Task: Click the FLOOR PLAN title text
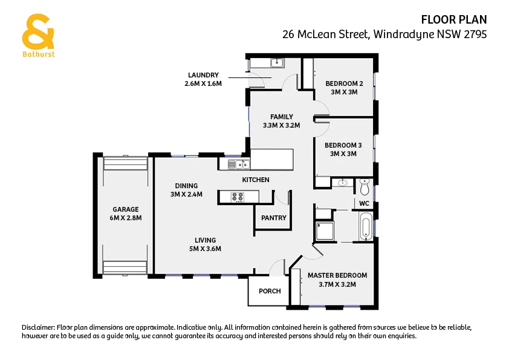pyautogui.click(x=453, y=20)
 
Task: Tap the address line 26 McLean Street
pyautogui.click(x=384, y=34)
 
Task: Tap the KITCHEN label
pyautogui.click(x=256, y=180)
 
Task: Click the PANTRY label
pyautogui.click(x=273, y=218)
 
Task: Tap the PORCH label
pyautogui.click(x=270, y=291)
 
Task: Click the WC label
pyautogui.click(x=364, y=203)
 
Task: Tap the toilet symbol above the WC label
pyautogui.click(x=365, y=184)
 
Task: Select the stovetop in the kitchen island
pyautogui.click(x=237, y=197)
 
